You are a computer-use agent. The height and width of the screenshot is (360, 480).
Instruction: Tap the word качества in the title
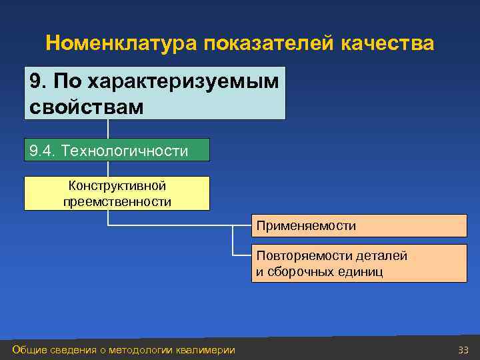pos(387,43)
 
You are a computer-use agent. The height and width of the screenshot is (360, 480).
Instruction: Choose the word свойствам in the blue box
pos(86,106)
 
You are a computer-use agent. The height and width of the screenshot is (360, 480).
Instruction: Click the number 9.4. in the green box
pos(43,151)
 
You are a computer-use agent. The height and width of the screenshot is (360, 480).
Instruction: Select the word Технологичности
pos(125,151)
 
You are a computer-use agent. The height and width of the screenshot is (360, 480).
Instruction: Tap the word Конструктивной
pos(117,186)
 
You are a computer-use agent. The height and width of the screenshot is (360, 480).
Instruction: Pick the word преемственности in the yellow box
pos(117,201)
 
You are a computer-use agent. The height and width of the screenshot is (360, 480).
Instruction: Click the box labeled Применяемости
pos(359,226)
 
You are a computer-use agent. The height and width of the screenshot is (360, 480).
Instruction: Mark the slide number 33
pos(463,350)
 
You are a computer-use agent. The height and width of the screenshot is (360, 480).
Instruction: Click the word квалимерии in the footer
pos(206,350)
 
